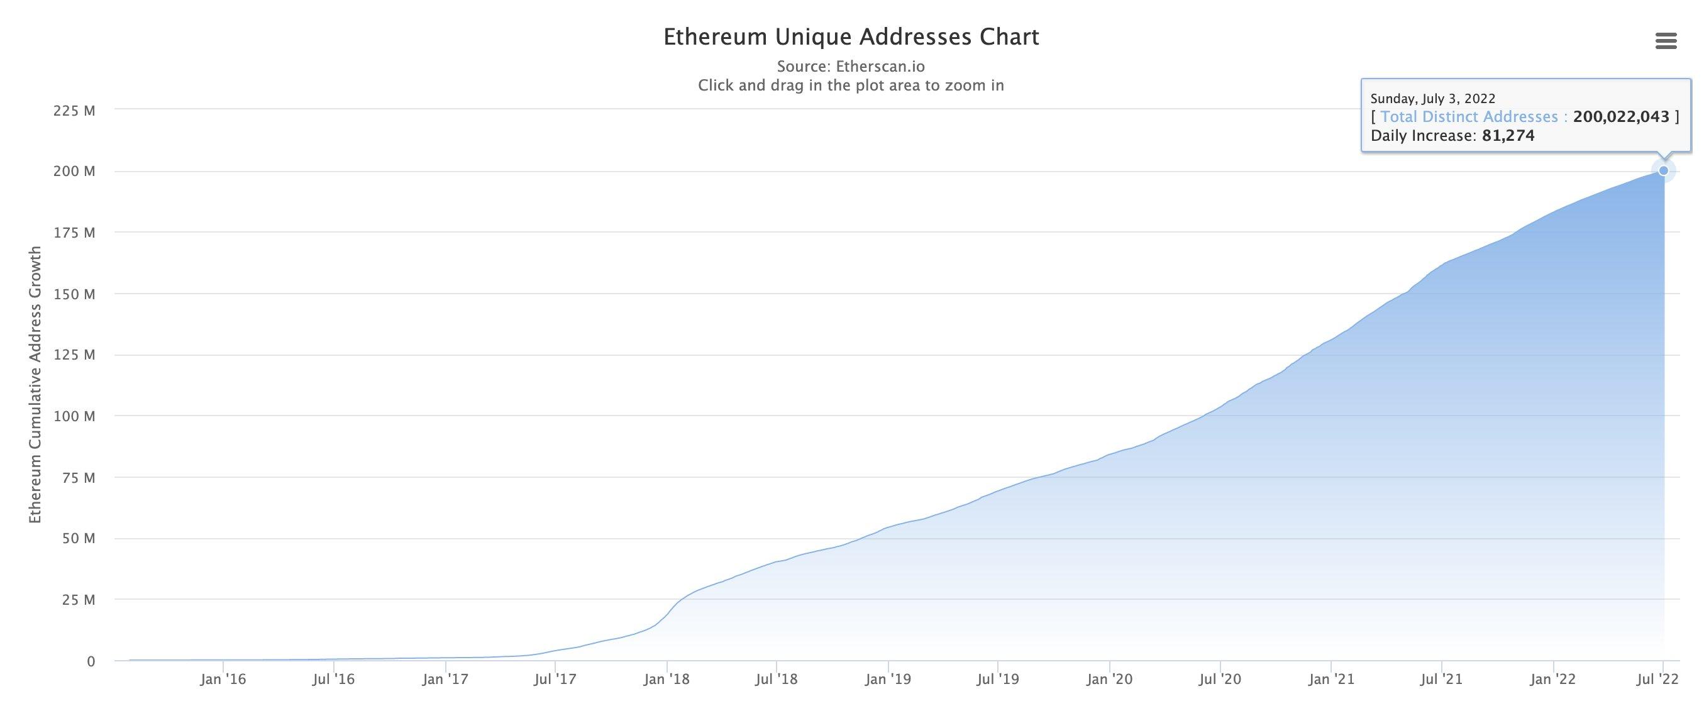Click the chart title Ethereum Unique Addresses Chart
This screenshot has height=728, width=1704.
pos(851,37)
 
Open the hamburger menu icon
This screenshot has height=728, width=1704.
pos(1666,41)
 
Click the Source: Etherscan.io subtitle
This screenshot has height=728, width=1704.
pos(851,66)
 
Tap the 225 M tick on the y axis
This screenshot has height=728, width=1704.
pos(74,111)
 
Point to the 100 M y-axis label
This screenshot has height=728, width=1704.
pos(74,416)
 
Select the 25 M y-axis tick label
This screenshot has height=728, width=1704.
pos(79,600)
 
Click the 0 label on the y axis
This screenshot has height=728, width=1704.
pos(91,661)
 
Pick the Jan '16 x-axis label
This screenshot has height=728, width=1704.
pos(223,679)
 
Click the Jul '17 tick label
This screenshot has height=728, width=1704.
pos(556,679)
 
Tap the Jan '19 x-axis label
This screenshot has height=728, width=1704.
pos(888,679)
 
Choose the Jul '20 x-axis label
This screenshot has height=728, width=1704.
pos(1220,679)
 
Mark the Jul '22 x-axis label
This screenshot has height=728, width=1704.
pos(1657,679)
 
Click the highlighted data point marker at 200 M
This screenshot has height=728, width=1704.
pos(1664,170)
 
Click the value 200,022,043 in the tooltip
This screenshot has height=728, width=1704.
pos(1621,117)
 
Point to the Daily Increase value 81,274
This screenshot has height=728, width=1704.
pos(1508,136)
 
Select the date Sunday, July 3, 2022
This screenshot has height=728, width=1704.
pos(1433,99)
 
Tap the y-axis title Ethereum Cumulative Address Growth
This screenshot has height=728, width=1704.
pos(35,385)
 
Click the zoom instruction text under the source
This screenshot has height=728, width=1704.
pos(851,85)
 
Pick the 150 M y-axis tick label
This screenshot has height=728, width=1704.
pos(74,294)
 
